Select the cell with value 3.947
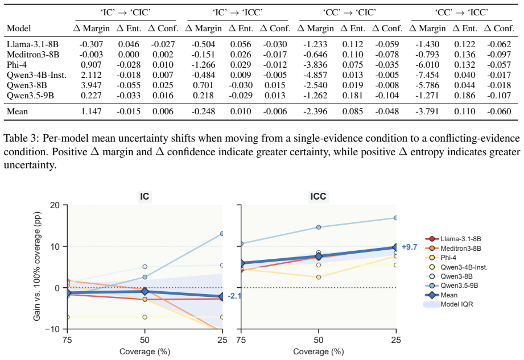(91, 85)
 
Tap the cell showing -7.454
(427, 75)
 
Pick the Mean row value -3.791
(427, 111)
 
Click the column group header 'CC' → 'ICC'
(461, 13)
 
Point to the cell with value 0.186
(464, 96)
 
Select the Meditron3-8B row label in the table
(33, 55)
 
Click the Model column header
(19, 28)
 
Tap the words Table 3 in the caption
(20, 138)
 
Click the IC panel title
(145, 196)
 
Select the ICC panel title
(318, 196)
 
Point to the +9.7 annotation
(410, 247)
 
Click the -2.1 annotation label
(234, 296)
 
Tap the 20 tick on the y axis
(55, 205)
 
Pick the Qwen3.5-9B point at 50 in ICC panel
(319, 227)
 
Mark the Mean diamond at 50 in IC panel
(145, 291)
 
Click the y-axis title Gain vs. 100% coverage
(37, 266)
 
